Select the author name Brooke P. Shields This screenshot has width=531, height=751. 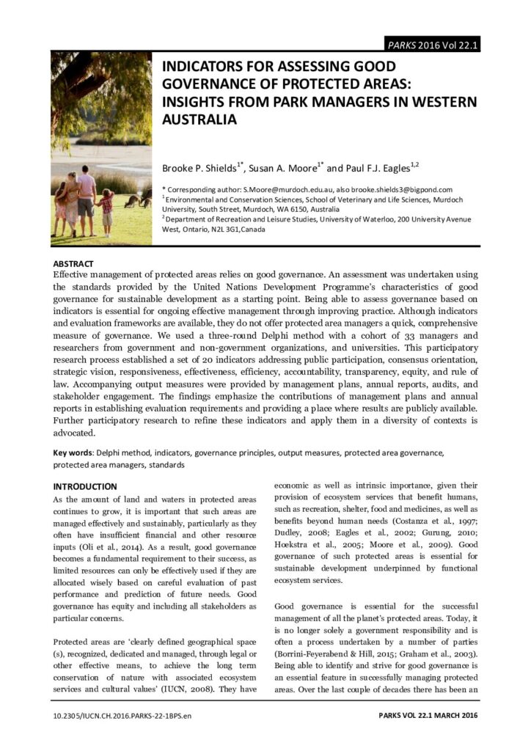pos(199,167)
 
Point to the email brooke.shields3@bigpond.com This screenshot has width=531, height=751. pos(402,190)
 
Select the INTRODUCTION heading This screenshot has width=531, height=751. pos(84,486)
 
